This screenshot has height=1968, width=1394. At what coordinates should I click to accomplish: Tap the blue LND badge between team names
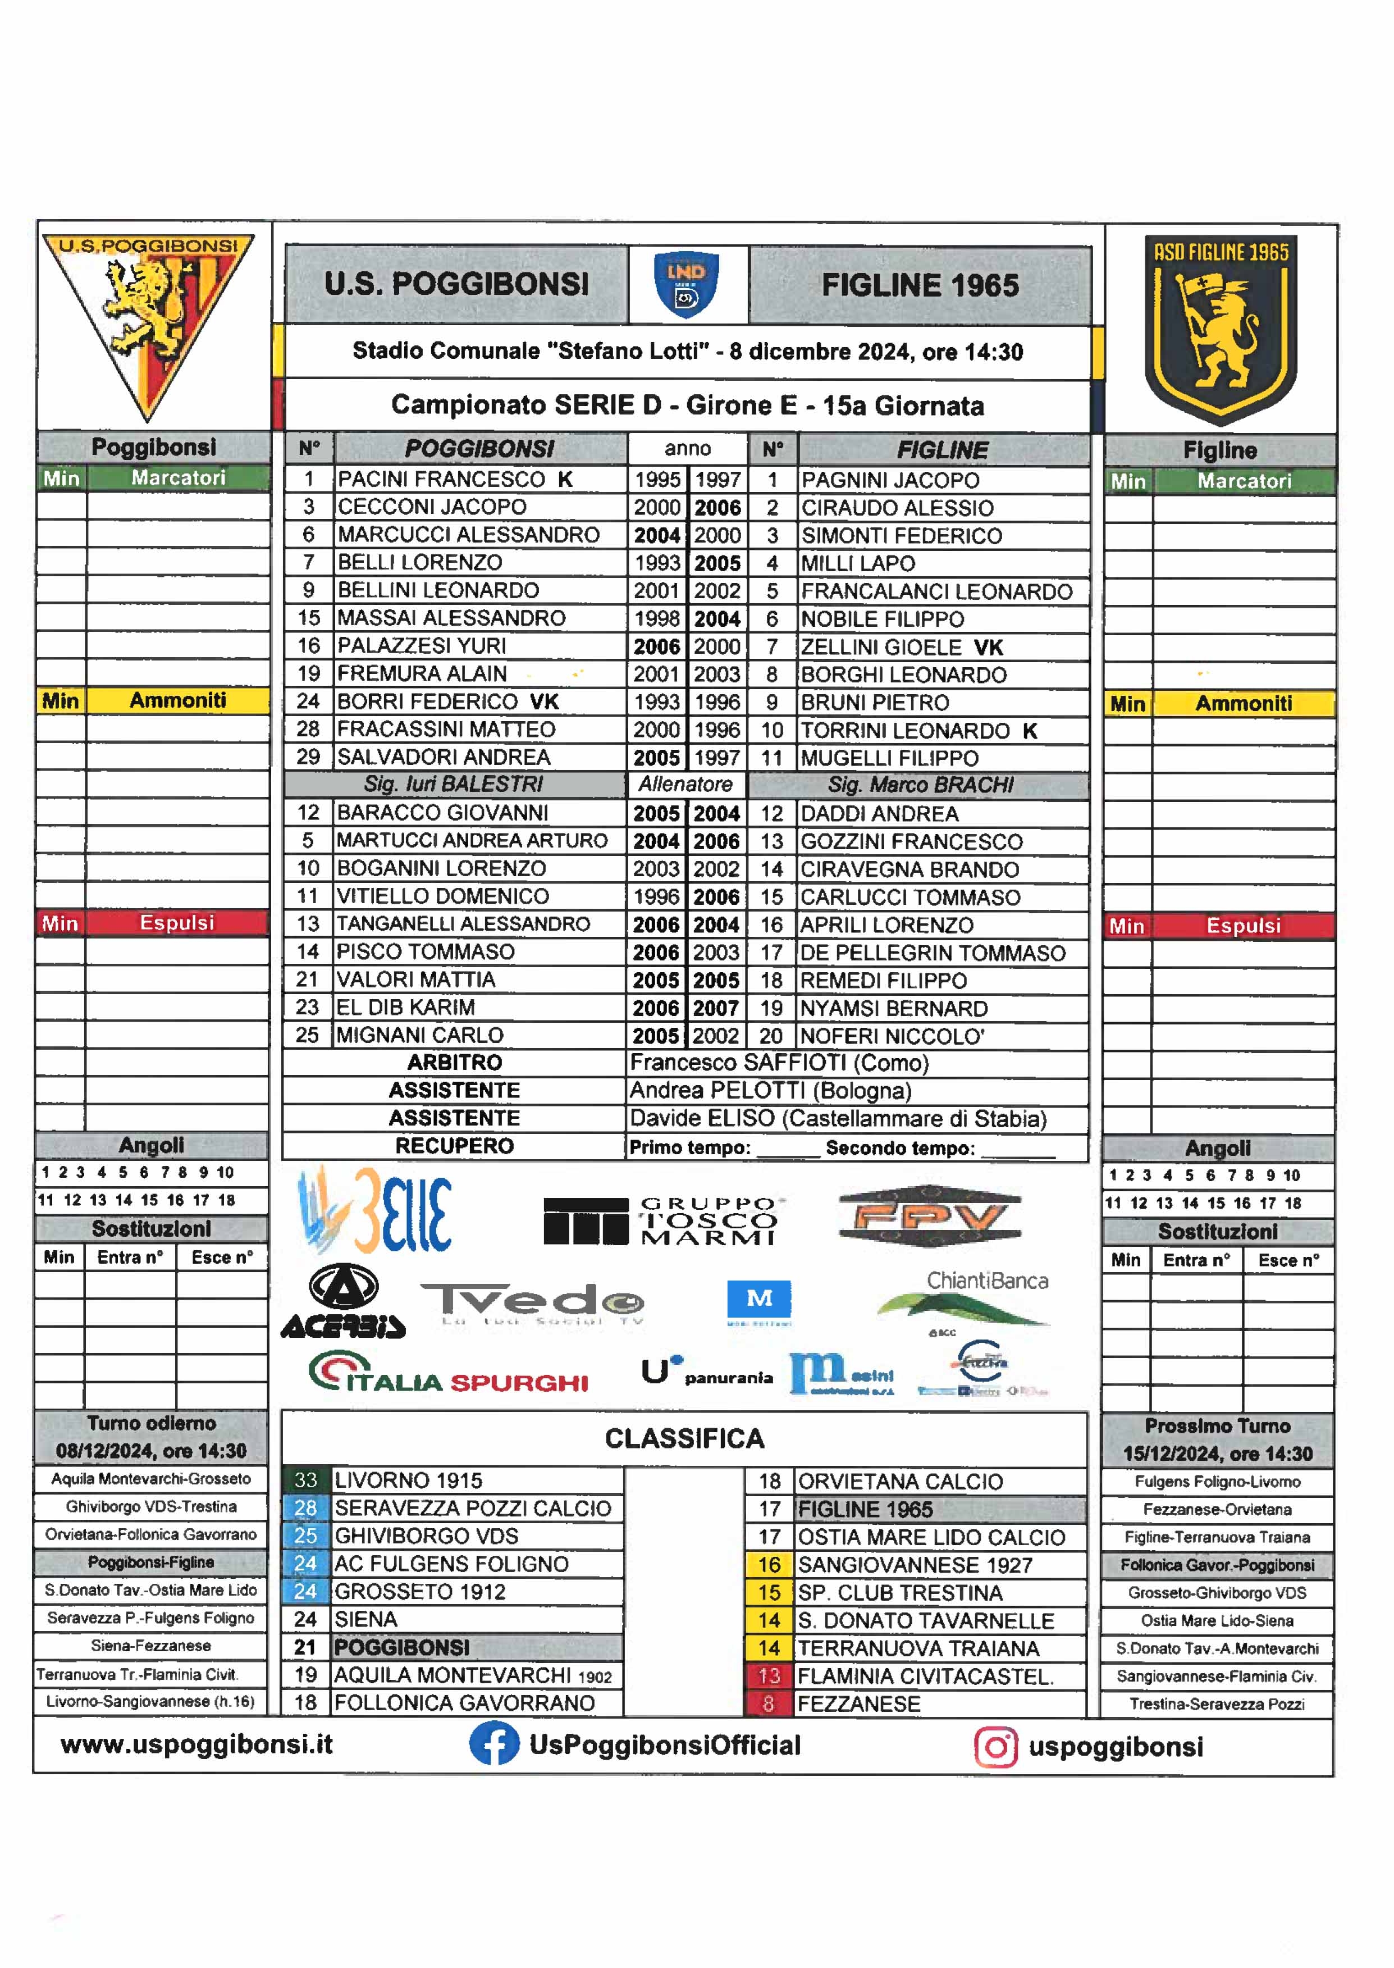click(x=687, y=284)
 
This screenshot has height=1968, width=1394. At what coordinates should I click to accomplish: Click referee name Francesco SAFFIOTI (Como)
click(x=779, y=1063)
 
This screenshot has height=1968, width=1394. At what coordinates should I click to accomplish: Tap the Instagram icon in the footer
click(x=996, y=1747)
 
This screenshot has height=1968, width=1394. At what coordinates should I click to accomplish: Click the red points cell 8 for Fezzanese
click(x=768, y=1703)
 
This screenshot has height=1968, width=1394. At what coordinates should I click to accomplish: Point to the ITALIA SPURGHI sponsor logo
click(x=448, y=1372)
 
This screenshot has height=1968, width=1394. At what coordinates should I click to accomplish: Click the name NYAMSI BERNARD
click(x=894, y=1009)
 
